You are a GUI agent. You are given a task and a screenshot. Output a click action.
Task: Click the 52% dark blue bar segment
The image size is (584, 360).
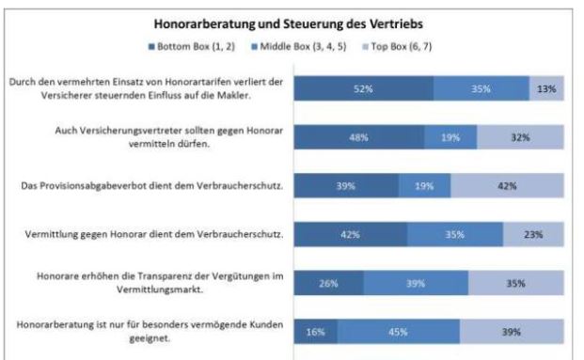(364, 87)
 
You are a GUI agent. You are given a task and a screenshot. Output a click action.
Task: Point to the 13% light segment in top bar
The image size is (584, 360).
(546, 87)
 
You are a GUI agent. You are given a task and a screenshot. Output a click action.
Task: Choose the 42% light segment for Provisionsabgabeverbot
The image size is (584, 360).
(508, 185)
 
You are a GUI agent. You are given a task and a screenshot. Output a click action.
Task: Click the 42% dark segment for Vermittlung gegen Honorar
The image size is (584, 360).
(350, 234)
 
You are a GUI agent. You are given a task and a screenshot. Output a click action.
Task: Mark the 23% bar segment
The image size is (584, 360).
(533, 234)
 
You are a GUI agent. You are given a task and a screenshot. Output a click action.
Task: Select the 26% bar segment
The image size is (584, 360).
(329, 283)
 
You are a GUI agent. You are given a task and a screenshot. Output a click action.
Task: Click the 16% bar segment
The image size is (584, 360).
(316, 332)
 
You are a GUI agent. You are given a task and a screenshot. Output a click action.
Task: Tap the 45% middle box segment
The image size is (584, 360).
(399, 332)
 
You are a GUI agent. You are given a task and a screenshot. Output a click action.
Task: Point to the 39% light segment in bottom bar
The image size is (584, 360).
(512, 332)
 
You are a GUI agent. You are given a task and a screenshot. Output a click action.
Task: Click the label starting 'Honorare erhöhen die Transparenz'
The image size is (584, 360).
(152, 283)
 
